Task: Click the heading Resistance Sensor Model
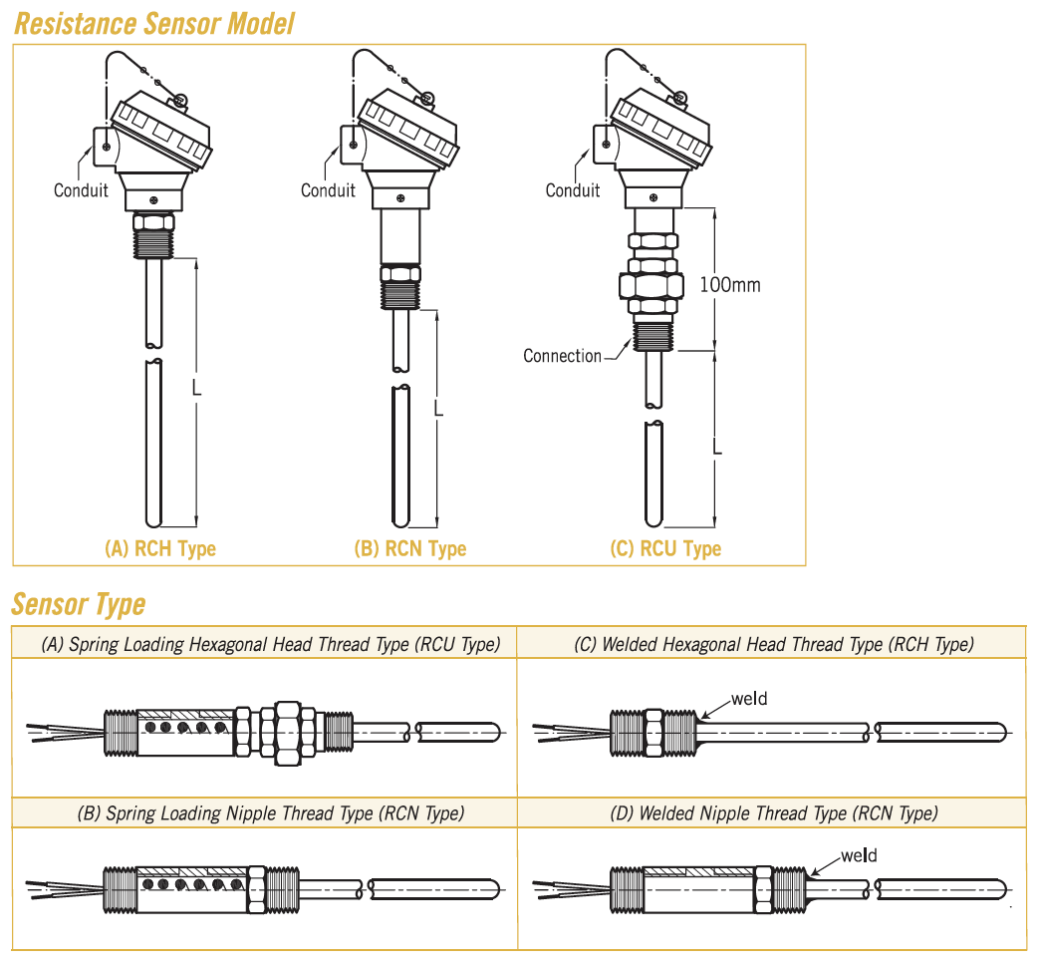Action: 154,23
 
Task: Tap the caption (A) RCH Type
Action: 160,548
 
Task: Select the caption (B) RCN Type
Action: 409,548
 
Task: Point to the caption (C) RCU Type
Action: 665,548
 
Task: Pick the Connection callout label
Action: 562,356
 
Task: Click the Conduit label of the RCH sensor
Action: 81,189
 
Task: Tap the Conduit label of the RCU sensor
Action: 573,189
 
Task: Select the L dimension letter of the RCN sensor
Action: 438,409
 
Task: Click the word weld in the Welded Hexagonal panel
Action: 749,699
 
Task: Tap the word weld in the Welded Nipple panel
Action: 859,855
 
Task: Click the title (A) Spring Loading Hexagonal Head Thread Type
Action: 270,645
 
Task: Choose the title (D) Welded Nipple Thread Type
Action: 773,813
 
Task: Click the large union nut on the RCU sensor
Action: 651,286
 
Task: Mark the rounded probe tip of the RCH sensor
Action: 153,519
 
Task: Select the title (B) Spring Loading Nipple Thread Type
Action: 270,813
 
